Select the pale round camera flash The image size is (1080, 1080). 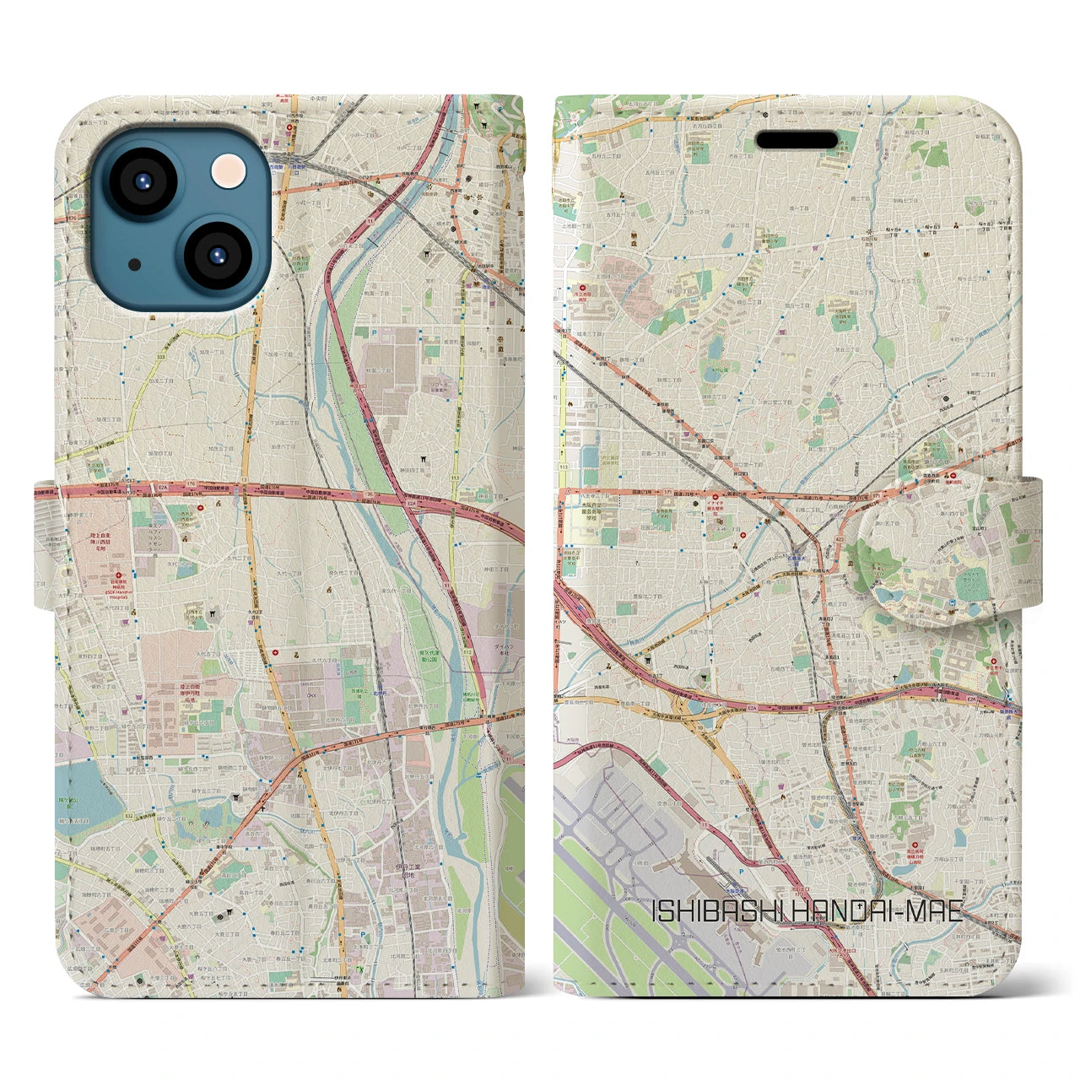229,171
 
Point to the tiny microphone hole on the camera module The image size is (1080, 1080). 135,265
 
